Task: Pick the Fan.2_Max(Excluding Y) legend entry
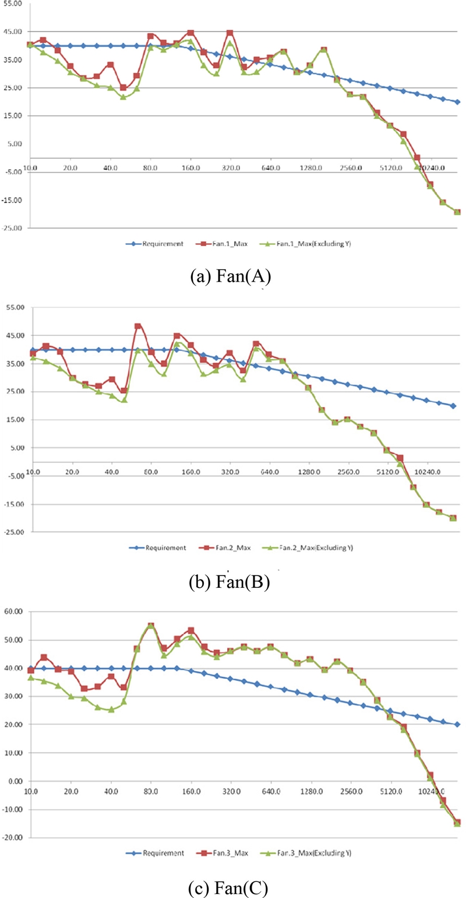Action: click(x=322, y=548)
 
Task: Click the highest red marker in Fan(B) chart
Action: click(x=138, y=327)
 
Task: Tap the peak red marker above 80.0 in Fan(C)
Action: click(x=151, y=626)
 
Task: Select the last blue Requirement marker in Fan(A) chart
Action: click(x=457, y=102)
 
